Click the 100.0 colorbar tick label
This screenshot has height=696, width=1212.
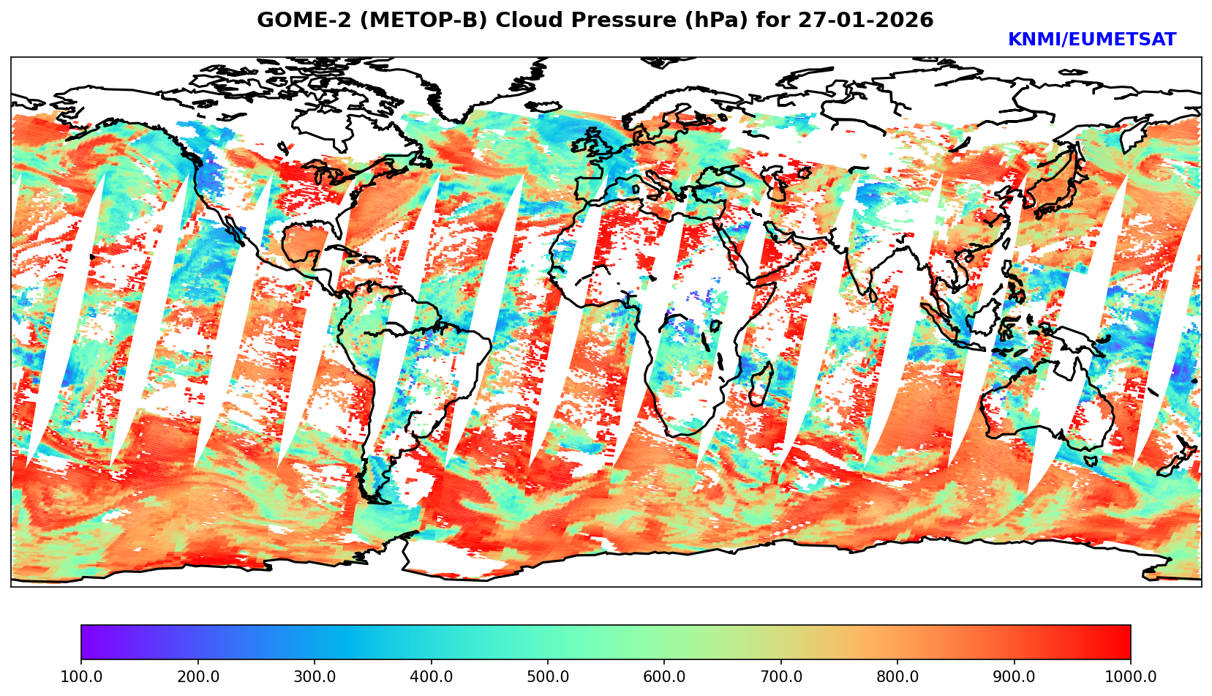[x=80, y=676]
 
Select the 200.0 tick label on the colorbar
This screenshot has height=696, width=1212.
[x=197, y=676]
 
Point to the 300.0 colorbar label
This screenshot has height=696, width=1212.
[x=315, y=676]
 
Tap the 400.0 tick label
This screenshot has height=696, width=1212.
[x=431, y=676]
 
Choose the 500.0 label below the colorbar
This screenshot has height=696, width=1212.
[x=548, y=676]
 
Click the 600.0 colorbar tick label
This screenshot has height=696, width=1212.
[x=664, y=676]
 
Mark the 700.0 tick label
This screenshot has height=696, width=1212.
[x=781, y=676]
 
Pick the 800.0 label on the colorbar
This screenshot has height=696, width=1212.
[x=897, y=676]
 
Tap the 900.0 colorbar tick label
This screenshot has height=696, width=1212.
[x=1015, y=676]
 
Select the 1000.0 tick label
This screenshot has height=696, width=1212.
[x=1130, y=676]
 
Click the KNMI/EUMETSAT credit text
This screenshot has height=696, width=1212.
[x=1091, y=40]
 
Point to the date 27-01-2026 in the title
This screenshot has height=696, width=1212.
[x=865, y=20]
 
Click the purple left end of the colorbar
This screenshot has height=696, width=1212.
[x=86, y=643]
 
